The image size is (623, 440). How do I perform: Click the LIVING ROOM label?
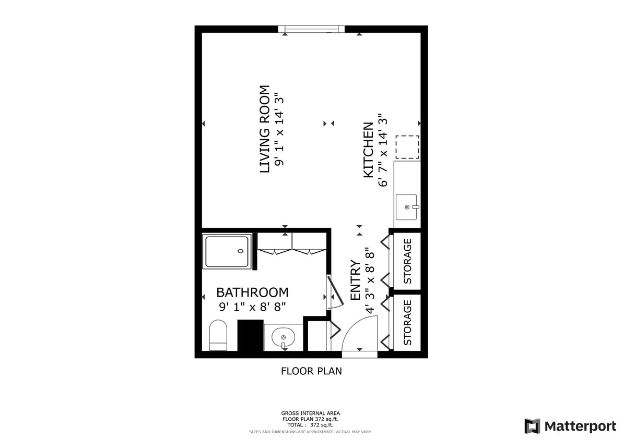point(265,129)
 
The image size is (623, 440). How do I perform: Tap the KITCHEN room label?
point(368,150)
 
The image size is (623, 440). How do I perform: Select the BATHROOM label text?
point(252,292)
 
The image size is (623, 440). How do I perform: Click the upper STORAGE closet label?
point(408,261)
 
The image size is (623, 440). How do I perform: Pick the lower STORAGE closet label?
point(408,322)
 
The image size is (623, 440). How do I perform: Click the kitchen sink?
point(407,207)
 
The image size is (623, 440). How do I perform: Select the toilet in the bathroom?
point(218,335)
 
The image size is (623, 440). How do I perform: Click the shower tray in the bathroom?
point(227,251)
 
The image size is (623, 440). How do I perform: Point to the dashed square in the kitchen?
point(407,146)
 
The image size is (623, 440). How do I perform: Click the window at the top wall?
point(311,29)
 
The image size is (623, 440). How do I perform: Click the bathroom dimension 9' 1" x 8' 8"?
point(252,307)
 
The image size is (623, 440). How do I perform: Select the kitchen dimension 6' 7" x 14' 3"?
point(384,150)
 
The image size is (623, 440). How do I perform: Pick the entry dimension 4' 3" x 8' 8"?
point(370,280)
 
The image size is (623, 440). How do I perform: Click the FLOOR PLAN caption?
point(311,371)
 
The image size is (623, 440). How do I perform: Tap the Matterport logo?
point(570,426)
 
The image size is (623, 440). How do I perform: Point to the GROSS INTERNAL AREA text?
point(311,413)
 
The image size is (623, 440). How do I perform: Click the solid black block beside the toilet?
point(250,335)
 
